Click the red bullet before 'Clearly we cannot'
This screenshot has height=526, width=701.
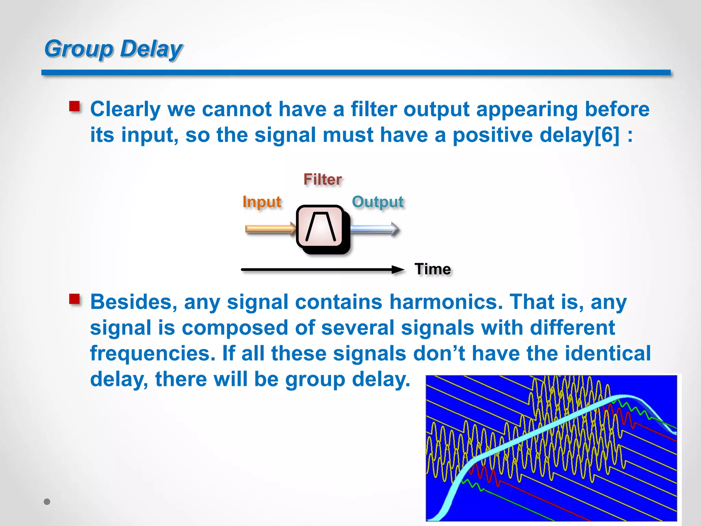pyautogui.click(x=74, y=107)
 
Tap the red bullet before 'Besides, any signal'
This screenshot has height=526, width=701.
pyautogui.click(x=74, y=299)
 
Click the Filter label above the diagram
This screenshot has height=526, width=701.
pyautogui.click(x=322, y=179)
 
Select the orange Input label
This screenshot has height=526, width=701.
pyautogui.click(x=262, y=202)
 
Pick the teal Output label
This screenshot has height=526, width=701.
pyautogui.click(x=378, y=202)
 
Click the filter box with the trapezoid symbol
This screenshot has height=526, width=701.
pyautogui.click(x=320, y=227)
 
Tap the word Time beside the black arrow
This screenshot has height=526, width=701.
pyautogui.click(x=433, y=269)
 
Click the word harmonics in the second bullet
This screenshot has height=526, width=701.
pyautogui.click(x=446, y=302)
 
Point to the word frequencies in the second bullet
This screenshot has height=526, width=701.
pyautogui.click(x=153, y=353)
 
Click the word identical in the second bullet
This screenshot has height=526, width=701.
pyautogui.click(x=608, y=353)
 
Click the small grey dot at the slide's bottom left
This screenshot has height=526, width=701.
pyautogui.click(x=47, y=502)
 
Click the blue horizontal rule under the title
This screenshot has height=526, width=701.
pyautogui.click(x=356, y=73)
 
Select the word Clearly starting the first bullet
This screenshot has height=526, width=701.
pyautogui.click(x=125, y=110)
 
